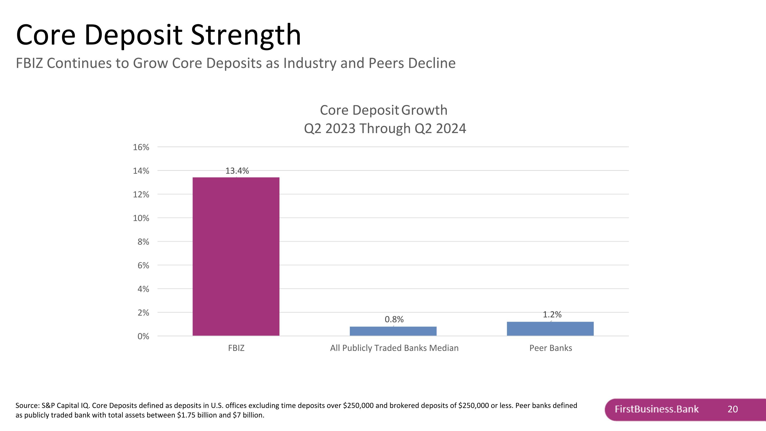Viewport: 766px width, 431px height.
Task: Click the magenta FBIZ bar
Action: (x=236, y=257)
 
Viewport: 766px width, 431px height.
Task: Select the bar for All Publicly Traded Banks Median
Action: (x=393, y=331)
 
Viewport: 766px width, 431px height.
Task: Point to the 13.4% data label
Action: (x=237, y=171)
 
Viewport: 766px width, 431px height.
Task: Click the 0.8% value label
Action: (x=394, y=319)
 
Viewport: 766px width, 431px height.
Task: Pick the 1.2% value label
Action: (x=552, y=314)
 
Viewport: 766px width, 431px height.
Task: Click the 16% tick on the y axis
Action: (x=141, y=147)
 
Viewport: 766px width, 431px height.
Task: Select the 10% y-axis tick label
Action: (x=141, y=218)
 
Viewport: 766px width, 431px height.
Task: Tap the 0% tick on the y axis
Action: (x=143, y=336)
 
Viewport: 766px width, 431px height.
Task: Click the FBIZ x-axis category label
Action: (x=236, y=348)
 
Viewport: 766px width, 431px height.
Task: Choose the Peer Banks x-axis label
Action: (x=550, y=348)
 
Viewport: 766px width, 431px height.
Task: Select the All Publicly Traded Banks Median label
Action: (x=394, y=348)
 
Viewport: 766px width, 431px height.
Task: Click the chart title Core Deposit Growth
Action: (x=383, y=110)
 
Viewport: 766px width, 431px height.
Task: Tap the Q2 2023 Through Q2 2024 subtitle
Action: (x=385, y=129)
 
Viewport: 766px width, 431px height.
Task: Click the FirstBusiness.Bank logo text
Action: (x=656, y=409)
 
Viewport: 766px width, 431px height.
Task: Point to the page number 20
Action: (x=732, y=409)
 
